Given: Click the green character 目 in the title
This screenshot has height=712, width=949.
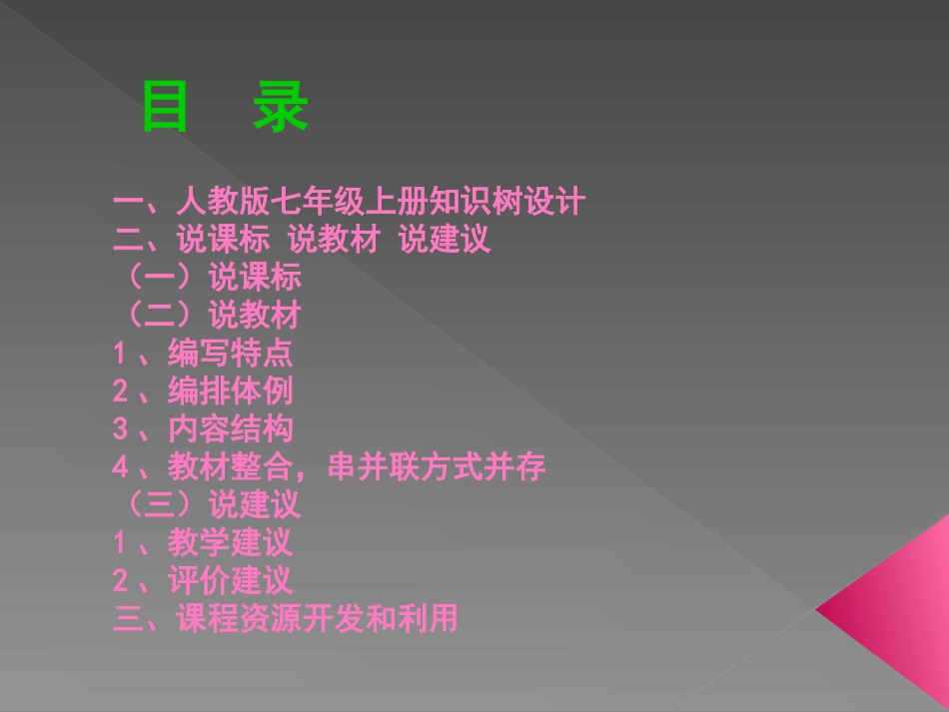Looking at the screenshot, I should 165,107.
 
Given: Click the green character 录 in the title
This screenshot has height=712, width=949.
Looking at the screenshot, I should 281,107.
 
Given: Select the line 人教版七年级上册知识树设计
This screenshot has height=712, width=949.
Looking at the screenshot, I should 380,202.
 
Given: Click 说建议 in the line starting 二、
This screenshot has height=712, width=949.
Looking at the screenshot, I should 445,240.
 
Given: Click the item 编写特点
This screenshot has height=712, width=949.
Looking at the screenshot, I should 231,353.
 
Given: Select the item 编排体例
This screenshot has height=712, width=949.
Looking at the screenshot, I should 231,390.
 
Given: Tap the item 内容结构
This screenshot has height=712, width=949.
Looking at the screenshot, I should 231,428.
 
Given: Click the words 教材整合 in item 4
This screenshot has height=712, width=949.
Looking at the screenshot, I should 231,466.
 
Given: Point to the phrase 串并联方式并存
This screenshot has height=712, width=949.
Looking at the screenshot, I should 437,466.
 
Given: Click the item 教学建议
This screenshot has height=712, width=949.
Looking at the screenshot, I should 231,542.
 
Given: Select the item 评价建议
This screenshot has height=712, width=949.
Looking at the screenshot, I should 231,580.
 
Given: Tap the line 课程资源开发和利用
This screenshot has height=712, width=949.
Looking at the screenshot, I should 317,618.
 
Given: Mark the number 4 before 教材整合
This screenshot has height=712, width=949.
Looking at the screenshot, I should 120,466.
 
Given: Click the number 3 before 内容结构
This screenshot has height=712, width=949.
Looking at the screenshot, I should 120,428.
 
